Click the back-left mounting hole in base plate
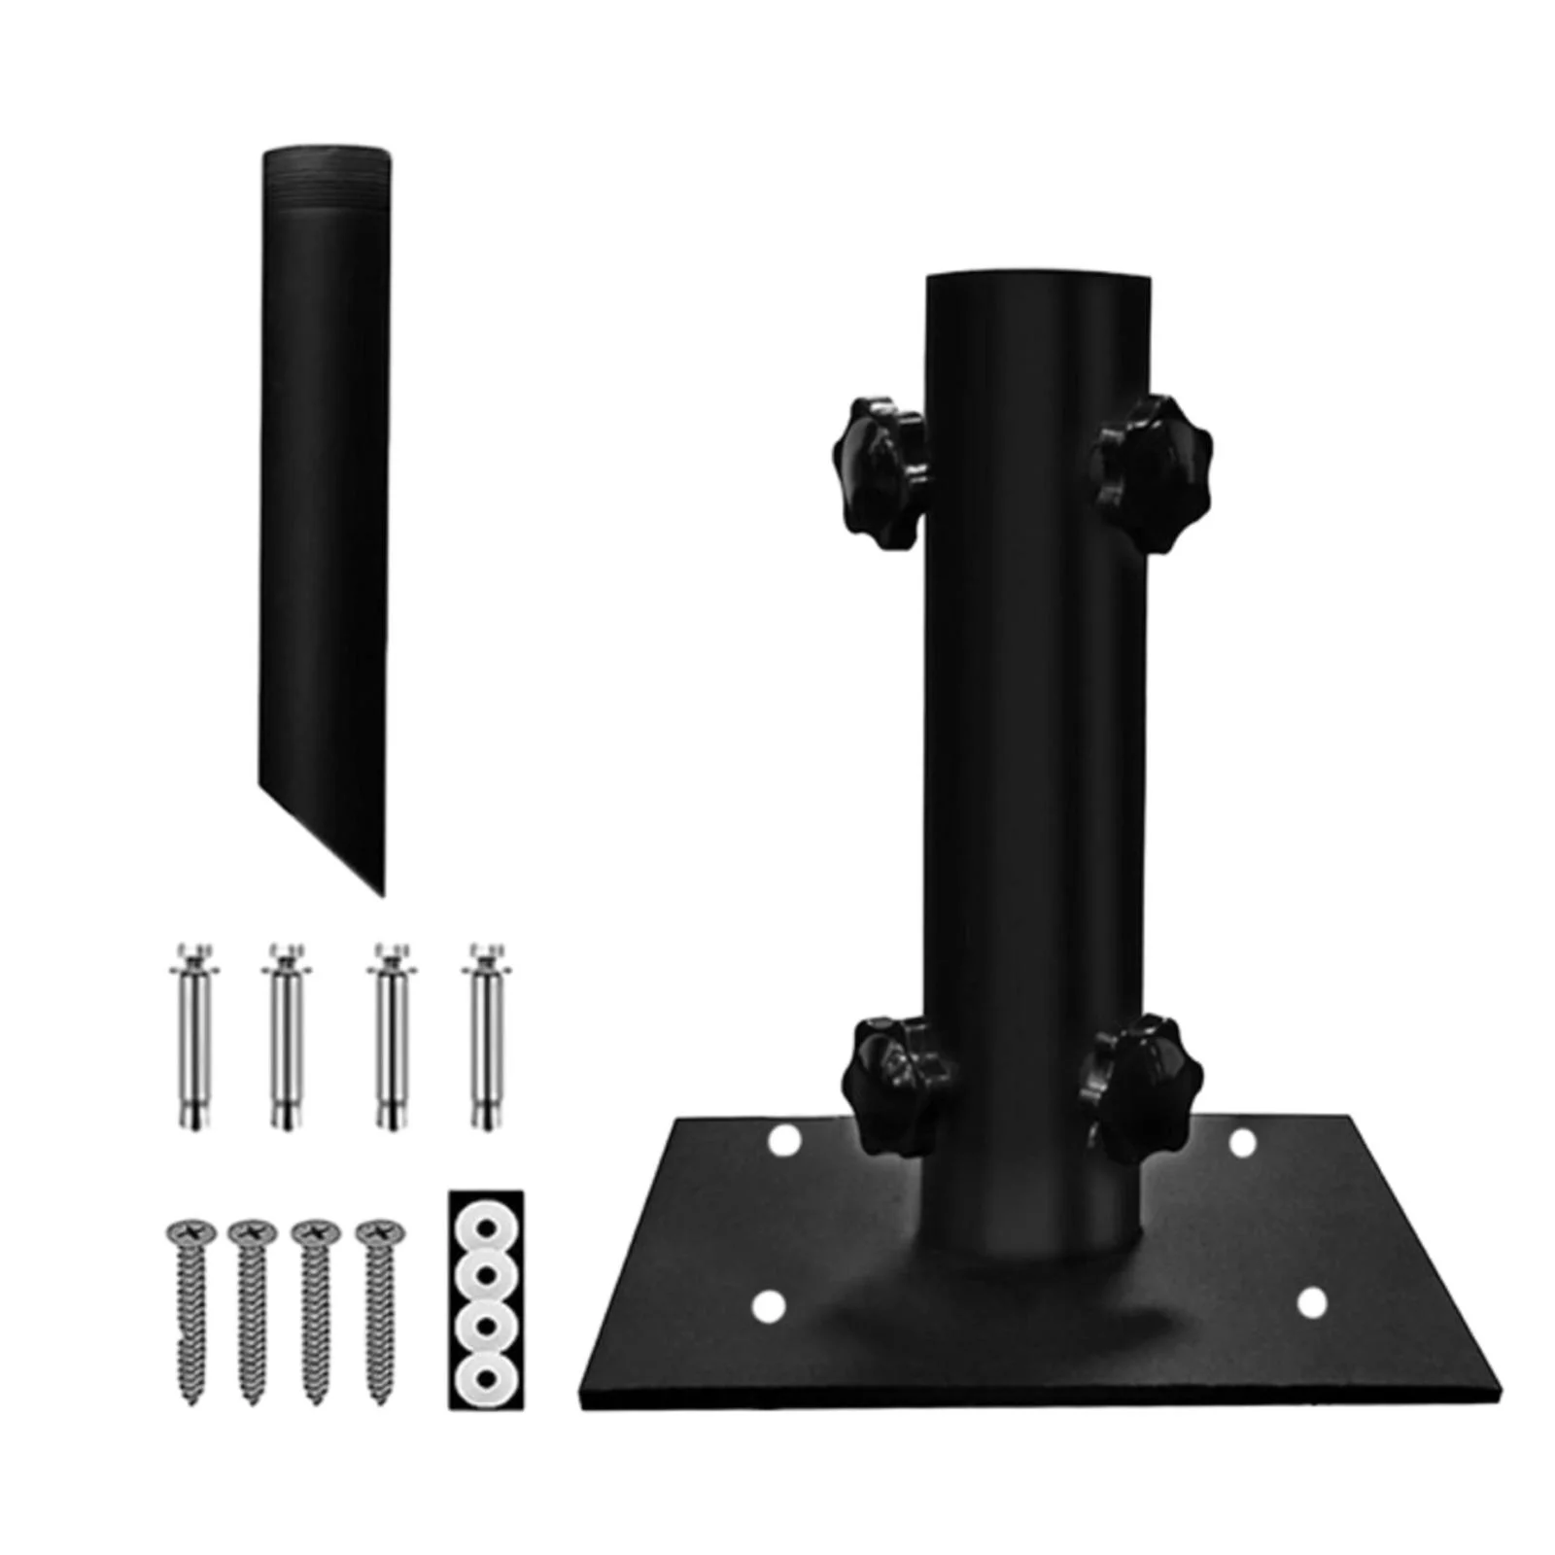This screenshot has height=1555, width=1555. coord(783,1141)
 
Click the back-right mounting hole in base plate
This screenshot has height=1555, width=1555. coord(1243,1143)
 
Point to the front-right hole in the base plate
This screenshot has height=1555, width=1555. coord(1312,1302)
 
